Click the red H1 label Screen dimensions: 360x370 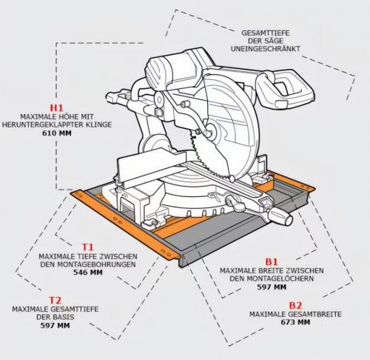click(57, 107)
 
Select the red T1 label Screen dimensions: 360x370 click(87, 246)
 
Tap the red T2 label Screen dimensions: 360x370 click(55, 300)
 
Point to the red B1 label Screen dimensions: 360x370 click(271, 261)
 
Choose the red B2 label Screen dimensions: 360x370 click(295, 305)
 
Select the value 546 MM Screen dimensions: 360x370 click(87, 273)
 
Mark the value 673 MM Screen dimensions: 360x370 click(295, 323)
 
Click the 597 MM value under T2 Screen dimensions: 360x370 click(55, 326)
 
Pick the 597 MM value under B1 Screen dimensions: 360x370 click(271, 287)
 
